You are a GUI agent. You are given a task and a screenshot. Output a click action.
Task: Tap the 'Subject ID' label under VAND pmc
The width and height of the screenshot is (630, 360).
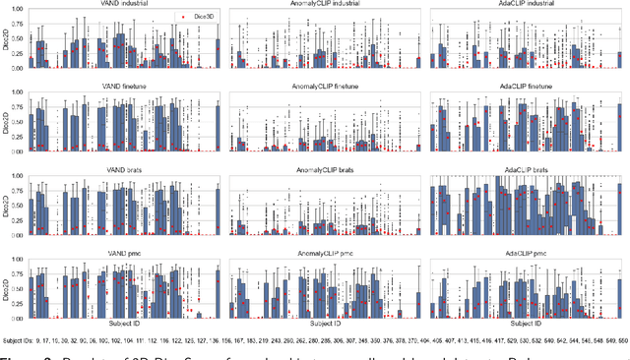tap(124, 324)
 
